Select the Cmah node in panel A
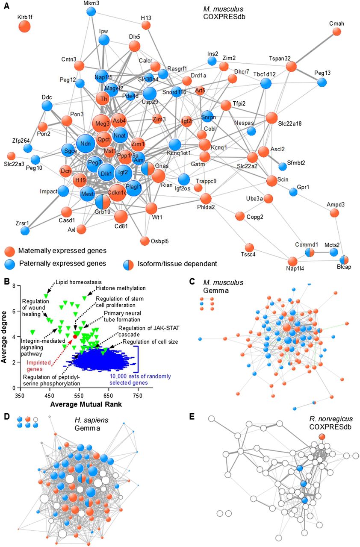point(337,32)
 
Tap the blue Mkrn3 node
point(91,12)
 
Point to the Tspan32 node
point(291,67)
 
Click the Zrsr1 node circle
point(25,230)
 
